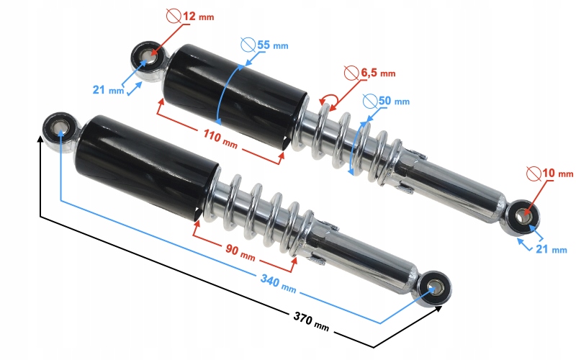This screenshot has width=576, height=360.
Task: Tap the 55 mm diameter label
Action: click(270, 45)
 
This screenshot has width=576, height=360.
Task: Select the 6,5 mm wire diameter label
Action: click(377, 73)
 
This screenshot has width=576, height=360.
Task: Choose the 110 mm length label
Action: click(220, 141)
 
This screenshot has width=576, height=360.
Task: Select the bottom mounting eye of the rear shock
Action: click(522, 215)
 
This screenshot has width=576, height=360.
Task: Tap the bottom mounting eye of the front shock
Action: click(435, 288)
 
